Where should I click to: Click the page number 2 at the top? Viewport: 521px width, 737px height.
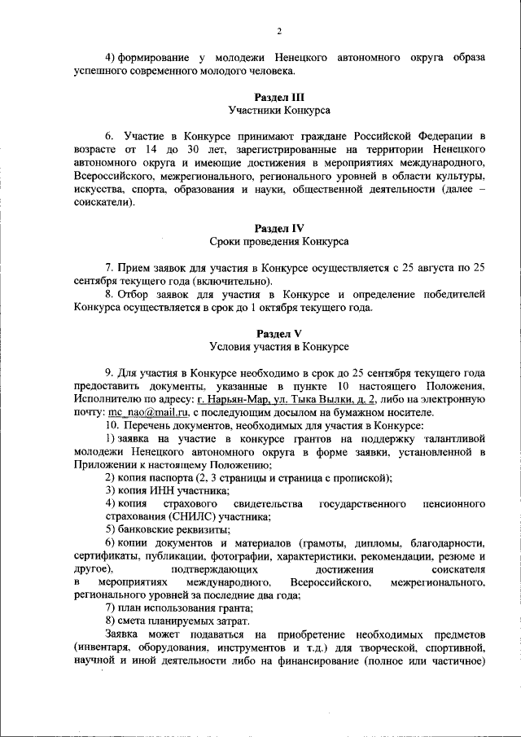point(278,32)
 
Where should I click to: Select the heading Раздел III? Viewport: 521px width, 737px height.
point(279,96)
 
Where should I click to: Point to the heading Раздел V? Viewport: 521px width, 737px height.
point(279,334)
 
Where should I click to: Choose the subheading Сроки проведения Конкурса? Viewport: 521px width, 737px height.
point(279,241)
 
